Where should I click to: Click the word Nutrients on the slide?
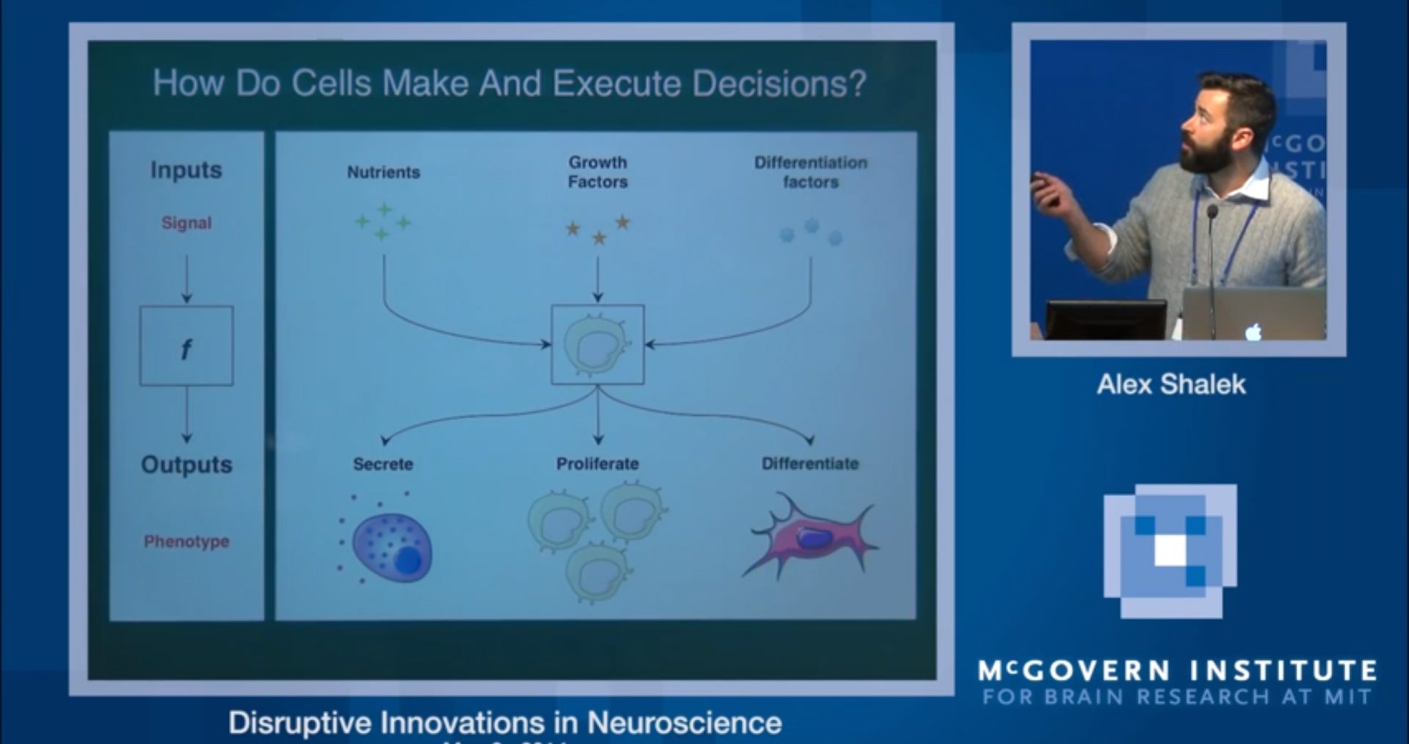pyautogui.click(x=383, y=172)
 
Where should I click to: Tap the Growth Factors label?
pyautogui.click(x=597, y=172)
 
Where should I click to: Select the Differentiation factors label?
pyautogui.click(x=810, y=172)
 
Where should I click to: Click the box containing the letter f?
pyautogui.click(x=186, y=346)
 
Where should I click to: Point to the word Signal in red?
pyautogui.click(x=186, y=223)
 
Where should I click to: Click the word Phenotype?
pyautogui.click(x=186, y=541)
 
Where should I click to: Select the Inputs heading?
pyautogui.click(x=186, y=170)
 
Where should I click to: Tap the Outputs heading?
pyautogui.click(x=186, y=465)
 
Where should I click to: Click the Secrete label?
pyautogui.click(x=383, y=464)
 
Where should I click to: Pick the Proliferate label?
pyautogui.click(x=597, y=464)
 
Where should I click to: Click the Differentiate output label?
pyautogui.click(x=810, y=464)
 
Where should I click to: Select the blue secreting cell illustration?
pyautogui.click(x=392, y=547)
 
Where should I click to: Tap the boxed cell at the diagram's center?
pyautogui.click(x=597, y=345)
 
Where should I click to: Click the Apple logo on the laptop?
pyautogui.click(x=1253, y=332)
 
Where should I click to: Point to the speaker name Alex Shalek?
pyautogui.click(x=1171, y=384)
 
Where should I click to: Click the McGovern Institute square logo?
pyautogui.click(x=1170, y=550)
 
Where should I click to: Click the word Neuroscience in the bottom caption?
pyautogui.click(x=684, y=723)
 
